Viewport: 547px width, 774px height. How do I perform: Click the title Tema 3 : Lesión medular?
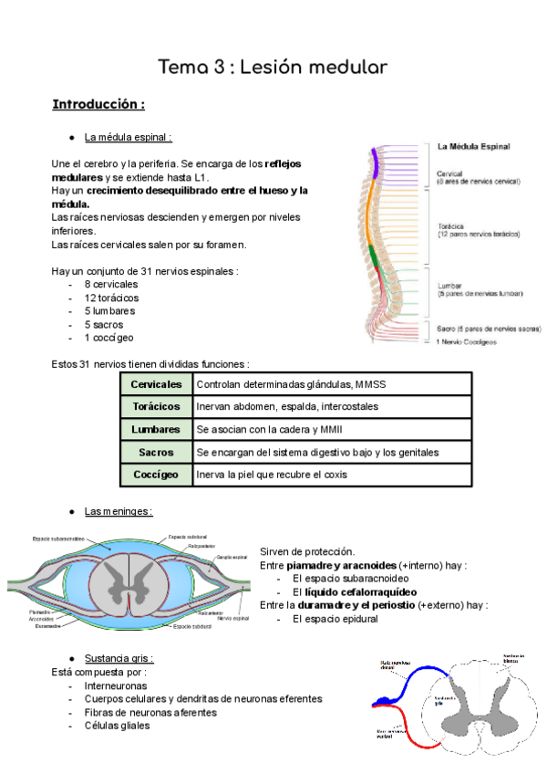click(x=273, y=67)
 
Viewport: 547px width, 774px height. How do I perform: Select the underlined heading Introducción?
click(x=98, y=104)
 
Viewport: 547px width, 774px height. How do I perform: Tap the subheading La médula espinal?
click(x=129, y=138)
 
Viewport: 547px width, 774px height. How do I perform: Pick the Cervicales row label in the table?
click(x=156, y=384)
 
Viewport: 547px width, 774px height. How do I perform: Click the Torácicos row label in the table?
click(x=156, y=407)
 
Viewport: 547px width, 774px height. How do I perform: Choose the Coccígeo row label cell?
click(x=156, y=475)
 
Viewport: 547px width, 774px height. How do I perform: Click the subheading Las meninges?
click(x=119, y=511)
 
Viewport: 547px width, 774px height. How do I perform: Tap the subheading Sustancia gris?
click(x=119, y=658)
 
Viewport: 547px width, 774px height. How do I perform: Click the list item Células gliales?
click(x=118, y=726)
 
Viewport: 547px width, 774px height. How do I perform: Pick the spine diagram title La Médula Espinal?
click(x=473, y=146)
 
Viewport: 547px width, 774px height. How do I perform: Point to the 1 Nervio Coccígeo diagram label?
click(x=466, y=342)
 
